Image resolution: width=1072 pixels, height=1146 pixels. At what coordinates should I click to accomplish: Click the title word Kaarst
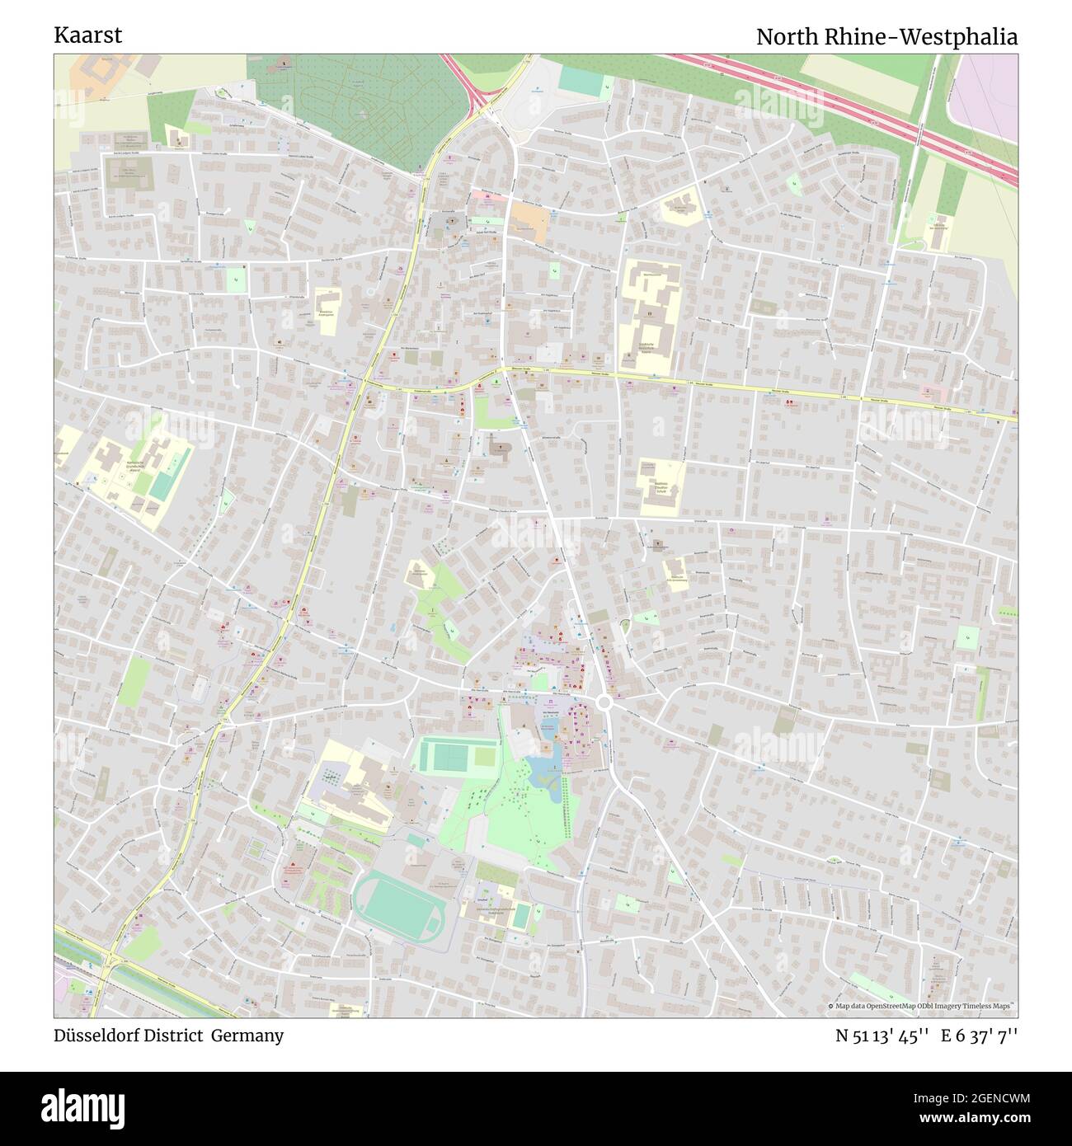pos(87,35)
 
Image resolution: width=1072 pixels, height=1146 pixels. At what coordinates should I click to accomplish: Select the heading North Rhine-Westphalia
pos(886,36)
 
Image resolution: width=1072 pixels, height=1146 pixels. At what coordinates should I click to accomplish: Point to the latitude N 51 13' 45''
pos(882,1036)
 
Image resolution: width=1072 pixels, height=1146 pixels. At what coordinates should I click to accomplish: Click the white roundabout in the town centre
pos(604,702)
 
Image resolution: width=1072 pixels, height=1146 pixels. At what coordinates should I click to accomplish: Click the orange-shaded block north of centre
pos(529,219)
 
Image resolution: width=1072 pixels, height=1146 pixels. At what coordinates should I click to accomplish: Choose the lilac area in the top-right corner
pos(985,95)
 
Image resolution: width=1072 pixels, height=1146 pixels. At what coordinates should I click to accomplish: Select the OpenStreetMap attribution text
pos(921,1007)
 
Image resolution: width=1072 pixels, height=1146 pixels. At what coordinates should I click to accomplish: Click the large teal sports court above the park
pos(445,755)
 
